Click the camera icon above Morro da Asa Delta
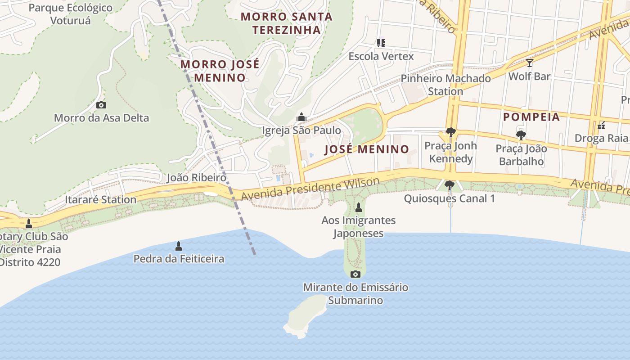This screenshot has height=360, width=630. pos(101,105)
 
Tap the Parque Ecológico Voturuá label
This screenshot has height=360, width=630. pos(70,14)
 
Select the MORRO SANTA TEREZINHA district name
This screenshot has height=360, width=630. pos(287,23)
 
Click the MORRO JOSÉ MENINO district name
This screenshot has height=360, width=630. pos(220,71)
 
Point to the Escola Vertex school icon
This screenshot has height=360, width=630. pos(381,43)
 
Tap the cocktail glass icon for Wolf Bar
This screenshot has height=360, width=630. pos(529,63)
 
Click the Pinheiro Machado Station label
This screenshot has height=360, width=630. pos(445,85)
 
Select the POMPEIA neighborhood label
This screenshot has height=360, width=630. pos(531,117)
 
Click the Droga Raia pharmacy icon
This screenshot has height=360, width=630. pos(601,126)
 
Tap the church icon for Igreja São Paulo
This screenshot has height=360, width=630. pos(301,117)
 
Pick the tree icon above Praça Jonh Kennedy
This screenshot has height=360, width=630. pos(450,132)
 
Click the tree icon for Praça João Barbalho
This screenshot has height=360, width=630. pos(521,135)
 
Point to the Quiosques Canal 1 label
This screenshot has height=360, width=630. pos(449,198)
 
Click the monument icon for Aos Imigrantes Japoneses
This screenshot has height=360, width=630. pos(359,207)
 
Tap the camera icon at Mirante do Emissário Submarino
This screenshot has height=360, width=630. pos(355,274)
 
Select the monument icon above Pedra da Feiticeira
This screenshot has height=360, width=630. pos(179,246)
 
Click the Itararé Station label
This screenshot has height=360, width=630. pos(100,199)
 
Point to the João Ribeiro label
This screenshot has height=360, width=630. pos(196,177)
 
